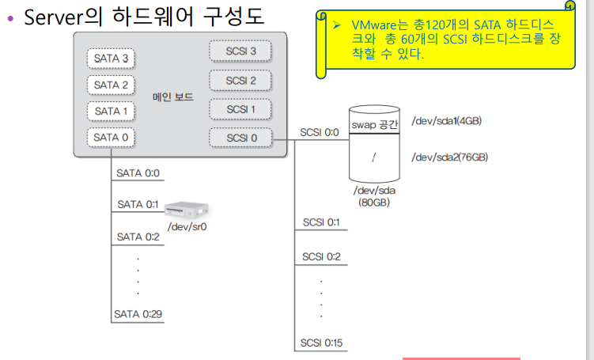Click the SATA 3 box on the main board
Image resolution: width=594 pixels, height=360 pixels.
click(111, 59)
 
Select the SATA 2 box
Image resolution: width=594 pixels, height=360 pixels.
click(111, 85)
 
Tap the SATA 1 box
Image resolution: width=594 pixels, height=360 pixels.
click(111, 111)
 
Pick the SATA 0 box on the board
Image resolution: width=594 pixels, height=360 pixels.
click(111, 137)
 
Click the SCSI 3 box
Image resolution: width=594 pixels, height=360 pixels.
click(240, 51)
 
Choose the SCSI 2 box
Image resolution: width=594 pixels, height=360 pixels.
click(240, 80)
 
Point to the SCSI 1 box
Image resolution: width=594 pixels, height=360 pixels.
click(240, 109)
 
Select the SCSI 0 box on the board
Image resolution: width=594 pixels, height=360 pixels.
click(240, 138)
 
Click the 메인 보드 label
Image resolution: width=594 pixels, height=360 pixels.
click(173, 97)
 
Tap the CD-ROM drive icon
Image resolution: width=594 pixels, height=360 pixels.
click(189, 210)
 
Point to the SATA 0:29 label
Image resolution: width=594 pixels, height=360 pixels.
click(138, 314)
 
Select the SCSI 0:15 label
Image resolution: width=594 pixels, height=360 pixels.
click(321, 343)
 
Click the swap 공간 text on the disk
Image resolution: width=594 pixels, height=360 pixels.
click(375, 125)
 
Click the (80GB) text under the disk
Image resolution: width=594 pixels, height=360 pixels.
click(375, 203)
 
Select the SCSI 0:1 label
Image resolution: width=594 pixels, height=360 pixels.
click(321, 222)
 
